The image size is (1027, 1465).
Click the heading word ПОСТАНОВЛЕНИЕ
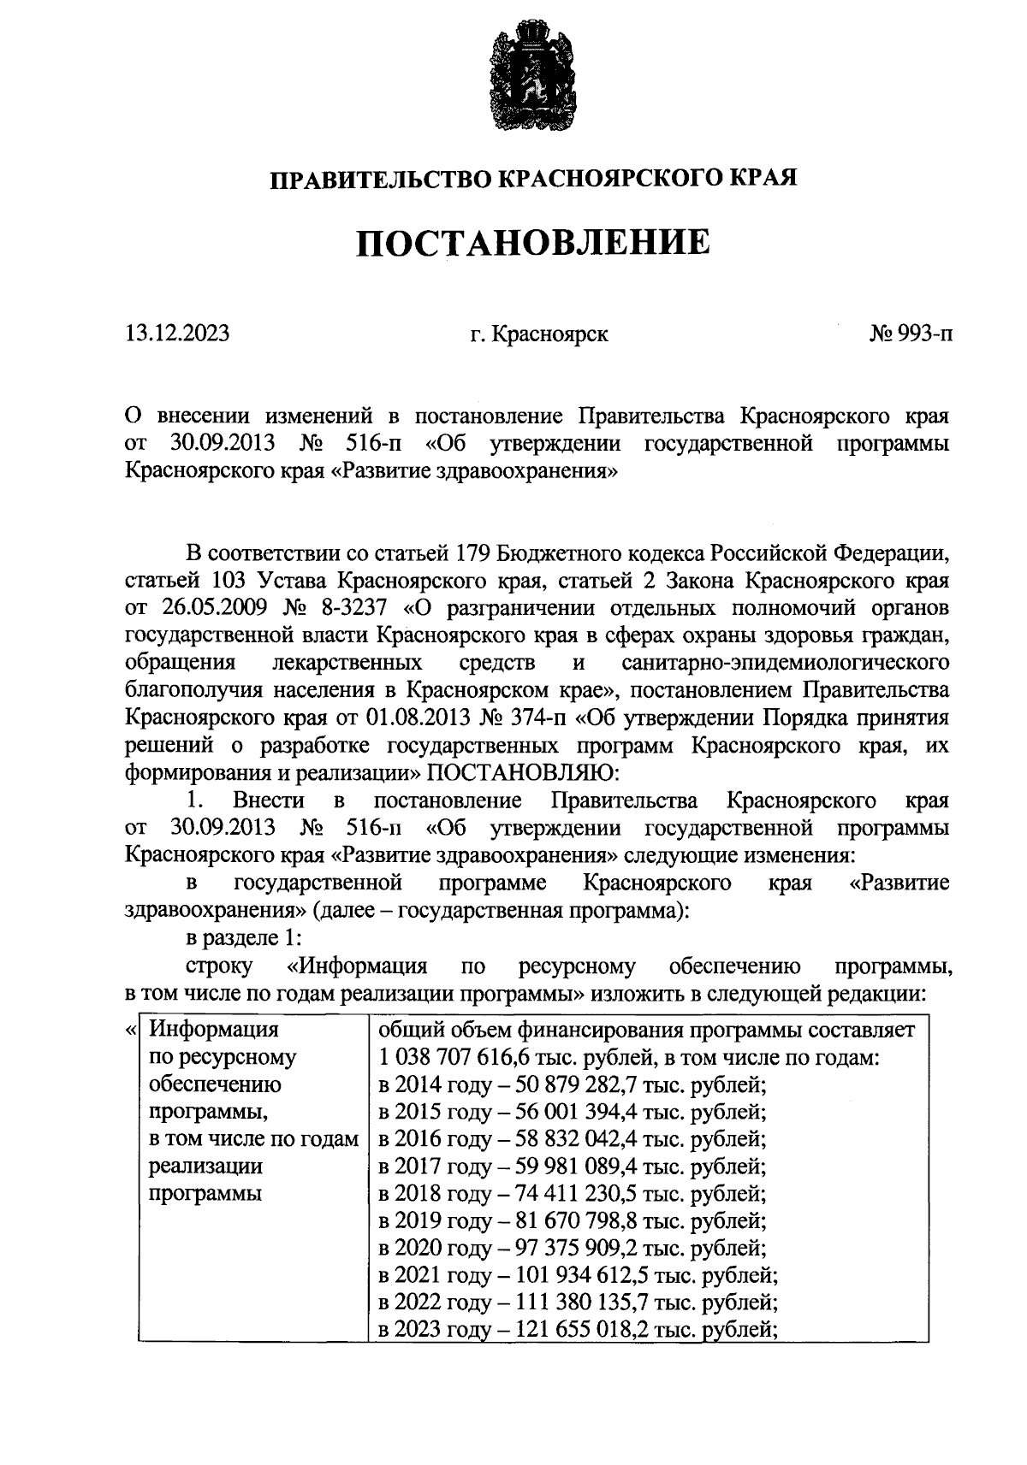click(x=533, y=243)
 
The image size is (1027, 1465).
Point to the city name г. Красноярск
click(x=539, y=334)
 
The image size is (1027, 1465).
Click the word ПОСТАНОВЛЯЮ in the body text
click(x=519, y=773)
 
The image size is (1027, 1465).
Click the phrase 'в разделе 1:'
click(x=244, y=937)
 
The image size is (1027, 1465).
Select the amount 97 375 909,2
click(x=575, y=1249)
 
